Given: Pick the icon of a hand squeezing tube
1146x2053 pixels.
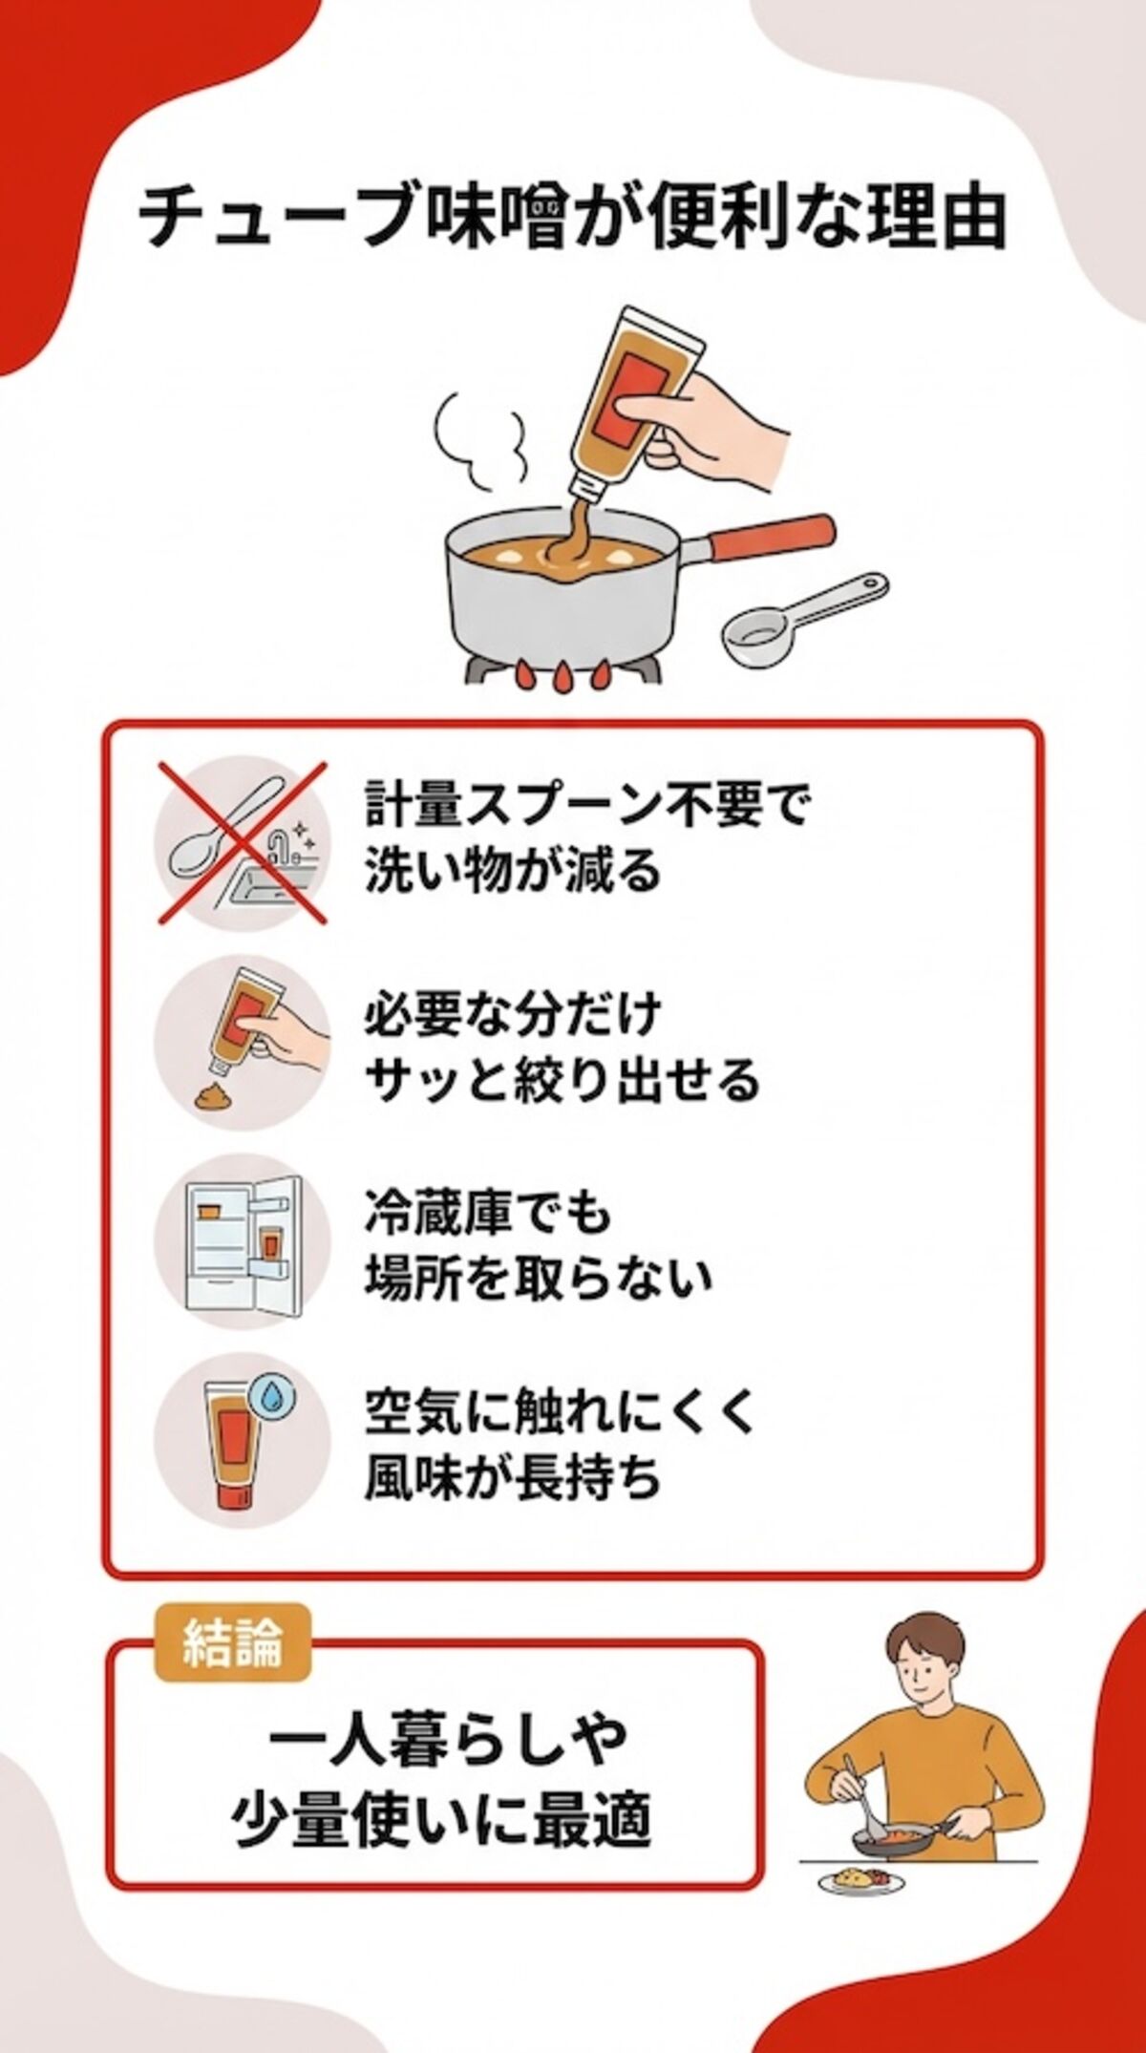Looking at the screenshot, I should [x=243, y=1040].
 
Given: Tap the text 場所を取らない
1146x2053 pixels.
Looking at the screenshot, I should [x=538, y=1278].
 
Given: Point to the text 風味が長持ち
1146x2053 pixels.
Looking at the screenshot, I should [x=513, y=1478].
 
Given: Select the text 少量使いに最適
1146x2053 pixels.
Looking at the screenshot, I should [x=441, y=1819].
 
